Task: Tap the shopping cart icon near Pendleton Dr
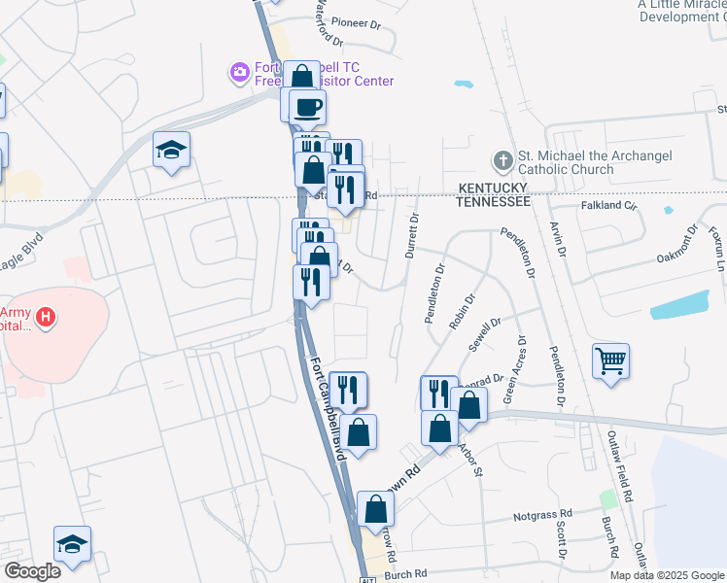[x=611, y=362]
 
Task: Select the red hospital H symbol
[x=44, y=317]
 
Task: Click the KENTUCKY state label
[x=494, y=187]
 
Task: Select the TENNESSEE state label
[x=494, y=201]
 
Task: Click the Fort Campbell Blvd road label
[x=329, y=408]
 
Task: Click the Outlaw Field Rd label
[x=622, y=466]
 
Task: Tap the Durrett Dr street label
[x=412, y=236]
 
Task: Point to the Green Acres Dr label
[x=514, y=370]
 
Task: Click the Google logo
[x=32, y=571]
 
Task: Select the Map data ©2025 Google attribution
[x=667, y=575]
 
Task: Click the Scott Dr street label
[x=561, y=539]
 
